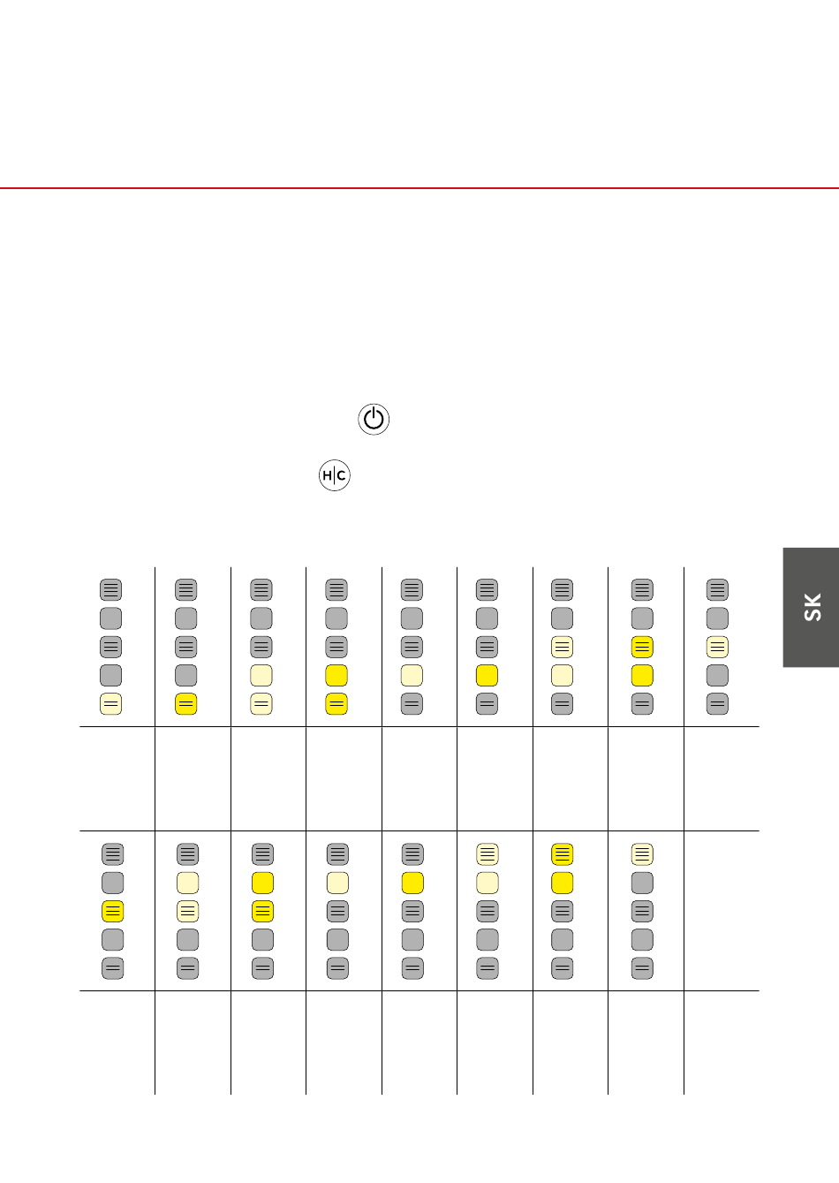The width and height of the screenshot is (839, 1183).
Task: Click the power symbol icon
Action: coord(374,420)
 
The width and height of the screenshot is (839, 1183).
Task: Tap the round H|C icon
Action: coord(334,475)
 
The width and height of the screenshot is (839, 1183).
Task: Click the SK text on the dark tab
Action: coord(813,607)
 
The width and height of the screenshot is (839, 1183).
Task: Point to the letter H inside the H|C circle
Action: coord(328,475)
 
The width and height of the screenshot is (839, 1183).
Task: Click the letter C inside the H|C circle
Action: coord(342,475)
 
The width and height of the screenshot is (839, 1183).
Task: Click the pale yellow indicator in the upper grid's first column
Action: coord(111,704)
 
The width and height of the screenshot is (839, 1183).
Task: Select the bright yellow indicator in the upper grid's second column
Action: coord(185,704)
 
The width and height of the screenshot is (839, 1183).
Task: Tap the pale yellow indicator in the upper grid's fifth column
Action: coord(412,676)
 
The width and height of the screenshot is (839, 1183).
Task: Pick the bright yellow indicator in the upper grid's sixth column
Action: coord(487,676)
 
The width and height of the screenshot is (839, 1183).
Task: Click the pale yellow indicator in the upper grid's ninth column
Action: coord(717,647)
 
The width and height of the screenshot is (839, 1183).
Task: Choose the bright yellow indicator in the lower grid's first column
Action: coord(112,912)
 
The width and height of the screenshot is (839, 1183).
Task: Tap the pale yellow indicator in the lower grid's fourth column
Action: coord(337,883)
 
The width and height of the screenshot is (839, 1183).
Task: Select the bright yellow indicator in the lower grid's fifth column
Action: coord(412,883)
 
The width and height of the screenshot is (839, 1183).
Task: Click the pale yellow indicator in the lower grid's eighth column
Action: coord(642,854)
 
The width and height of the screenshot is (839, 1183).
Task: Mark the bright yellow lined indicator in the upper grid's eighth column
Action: coord(642,647)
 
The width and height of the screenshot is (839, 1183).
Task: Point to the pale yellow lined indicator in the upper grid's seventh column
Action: coord(562,647)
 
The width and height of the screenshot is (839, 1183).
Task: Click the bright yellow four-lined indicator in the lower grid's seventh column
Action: coord(562,854)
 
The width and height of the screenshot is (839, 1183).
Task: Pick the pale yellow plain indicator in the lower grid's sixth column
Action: coord(488,883)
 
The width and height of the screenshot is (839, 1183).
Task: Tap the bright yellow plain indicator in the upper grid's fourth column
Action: coord(336,676)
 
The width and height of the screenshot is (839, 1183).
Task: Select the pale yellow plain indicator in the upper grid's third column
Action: coord(261,676)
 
